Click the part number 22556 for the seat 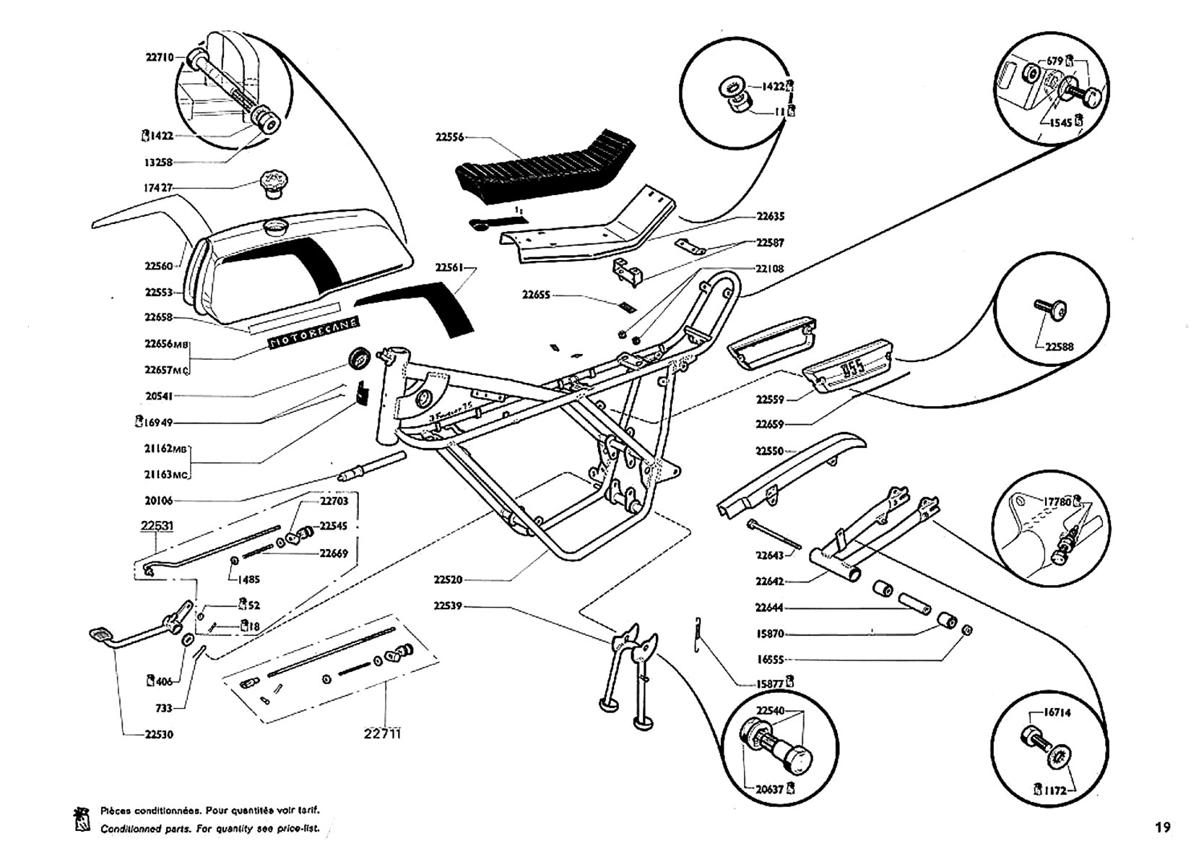(449, 137)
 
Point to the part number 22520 (448, 579)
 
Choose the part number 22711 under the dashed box (382, 733)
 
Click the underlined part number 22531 (157, 526)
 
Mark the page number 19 (1161, 828)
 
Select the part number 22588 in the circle (1059, 347)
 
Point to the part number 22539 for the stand (448, 605)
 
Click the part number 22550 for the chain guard (770, 451)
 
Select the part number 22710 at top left (159, 57)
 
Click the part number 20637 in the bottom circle (770, 789)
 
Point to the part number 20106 (159, 501)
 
